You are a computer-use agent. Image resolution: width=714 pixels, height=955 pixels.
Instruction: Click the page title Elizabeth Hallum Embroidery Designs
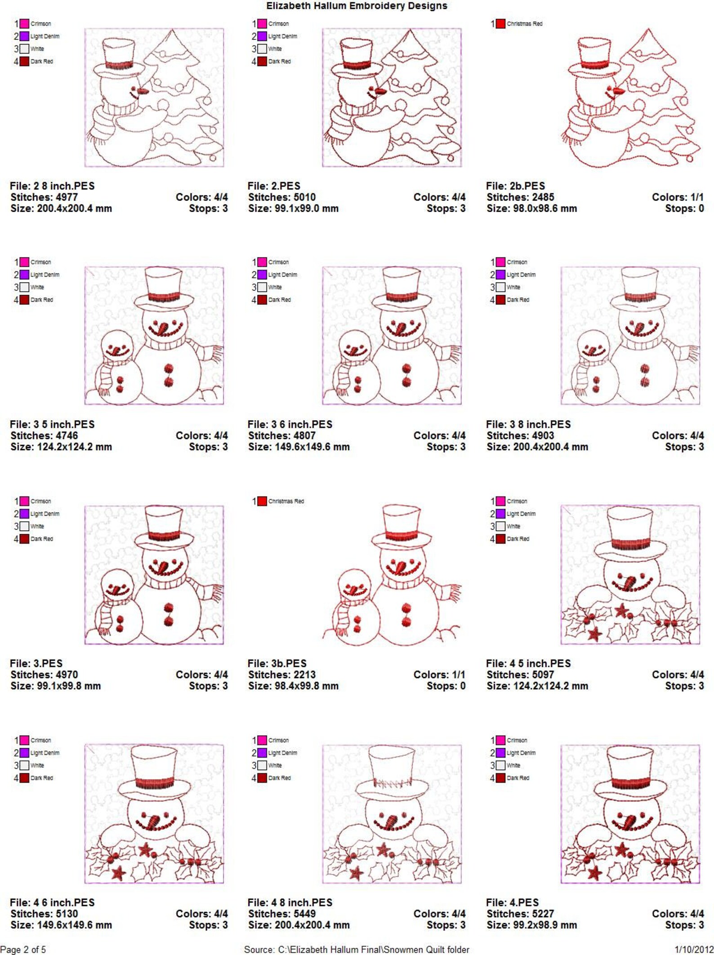tap(357, 6)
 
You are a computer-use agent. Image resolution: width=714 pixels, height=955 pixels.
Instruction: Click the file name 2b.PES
tap(515, 186)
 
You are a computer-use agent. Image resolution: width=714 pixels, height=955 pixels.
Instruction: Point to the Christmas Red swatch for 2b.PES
tap(500, 24)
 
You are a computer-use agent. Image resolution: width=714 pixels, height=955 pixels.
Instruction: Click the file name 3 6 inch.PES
tap(290, 424)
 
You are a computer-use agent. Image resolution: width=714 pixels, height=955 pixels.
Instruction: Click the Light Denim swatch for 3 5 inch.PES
tap(24, 275)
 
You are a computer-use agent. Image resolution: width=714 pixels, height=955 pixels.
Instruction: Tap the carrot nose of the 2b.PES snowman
tap(619, 91)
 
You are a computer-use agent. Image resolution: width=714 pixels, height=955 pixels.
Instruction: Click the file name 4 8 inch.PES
tap(290, 902)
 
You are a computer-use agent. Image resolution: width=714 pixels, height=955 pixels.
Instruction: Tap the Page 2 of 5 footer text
tap(23, 950)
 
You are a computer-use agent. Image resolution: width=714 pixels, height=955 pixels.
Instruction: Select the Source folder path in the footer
tap(357, 950)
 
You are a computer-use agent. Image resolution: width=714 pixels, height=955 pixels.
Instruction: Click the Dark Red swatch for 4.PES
tap(500, 778)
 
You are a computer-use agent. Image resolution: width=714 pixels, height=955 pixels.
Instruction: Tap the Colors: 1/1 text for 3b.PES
tap(439, 675)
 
